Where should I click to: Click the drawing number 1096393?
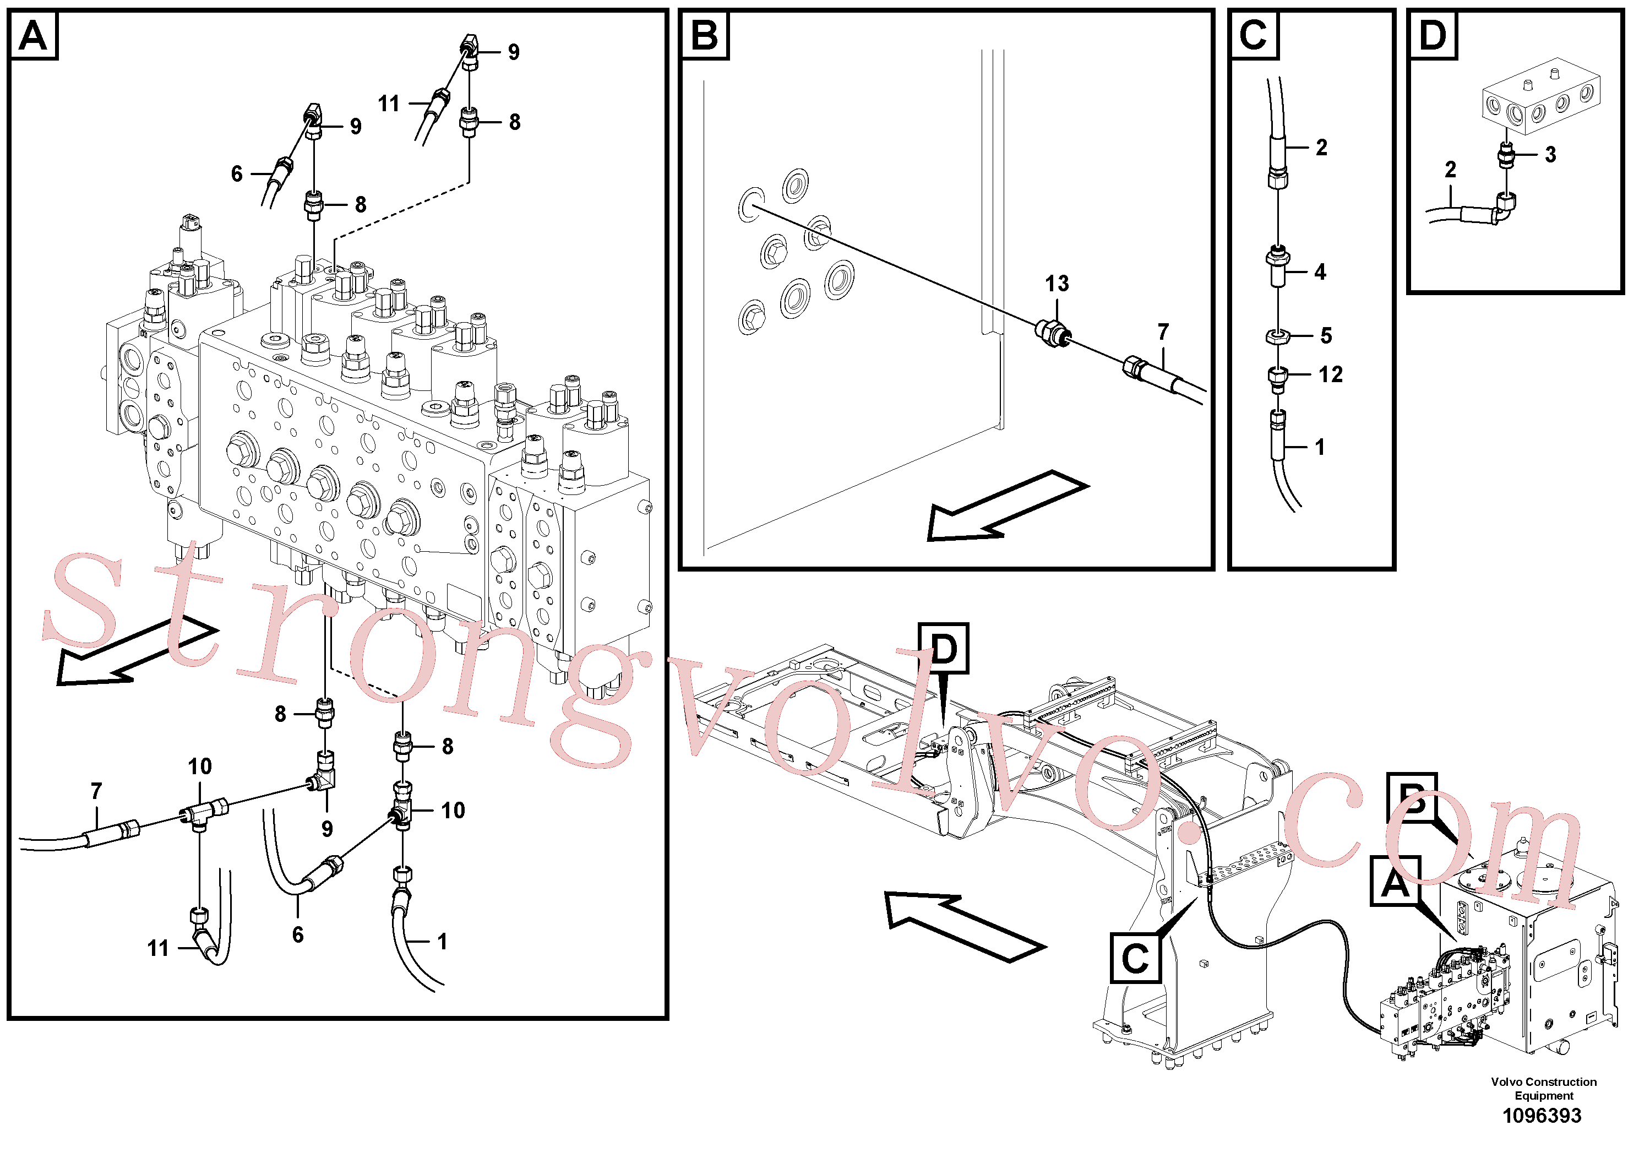(1542, 1115)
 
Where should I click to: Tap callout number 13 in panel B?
(1057, 284)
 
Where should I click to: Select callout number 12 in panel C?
(1330, 374)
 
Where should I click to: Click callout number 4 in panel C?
(1320, 272)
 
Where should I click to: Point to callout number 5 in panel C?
(1326, 335)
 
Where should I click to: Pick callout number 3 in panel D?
(1550, 154)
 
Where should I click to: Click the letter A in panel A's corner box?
(34, 35)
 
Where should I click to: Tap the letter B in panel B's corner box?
(705, 35)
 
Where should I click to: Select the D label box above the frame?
(943, 648)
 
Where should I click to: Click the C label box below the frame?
(1135, 958)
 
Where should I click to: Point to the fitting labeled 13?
(1052, 333)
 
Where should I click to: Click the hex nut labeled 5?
(1277, 335)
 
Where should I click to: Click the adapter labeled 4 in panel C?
(1277, 267)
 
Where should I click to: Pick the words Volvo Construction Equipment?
(1543, 1088)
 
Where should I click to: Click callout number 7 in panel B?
(1163, 332)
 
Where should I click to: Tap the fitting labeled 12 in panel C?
(1277, 378)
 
